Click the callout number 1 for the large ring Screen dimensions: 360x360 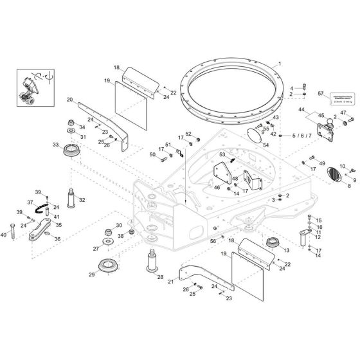(280, 65)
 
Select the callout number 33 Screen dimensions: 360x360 (57, 145)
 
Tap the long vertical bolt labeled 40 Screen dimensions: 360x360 (12, 229)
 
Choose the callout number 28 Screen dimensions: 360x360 (160, 278)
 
